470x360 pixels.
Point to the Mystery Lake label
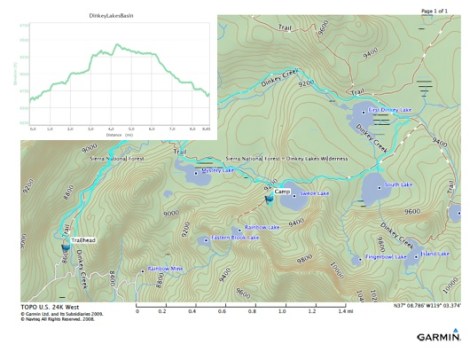217,172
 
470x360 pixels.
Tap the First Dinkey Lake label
390,110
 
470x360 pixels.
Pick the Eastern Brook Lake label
235,238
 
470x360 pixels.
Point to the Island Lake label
436,254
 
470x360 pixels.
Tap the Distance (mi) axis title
119,134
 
